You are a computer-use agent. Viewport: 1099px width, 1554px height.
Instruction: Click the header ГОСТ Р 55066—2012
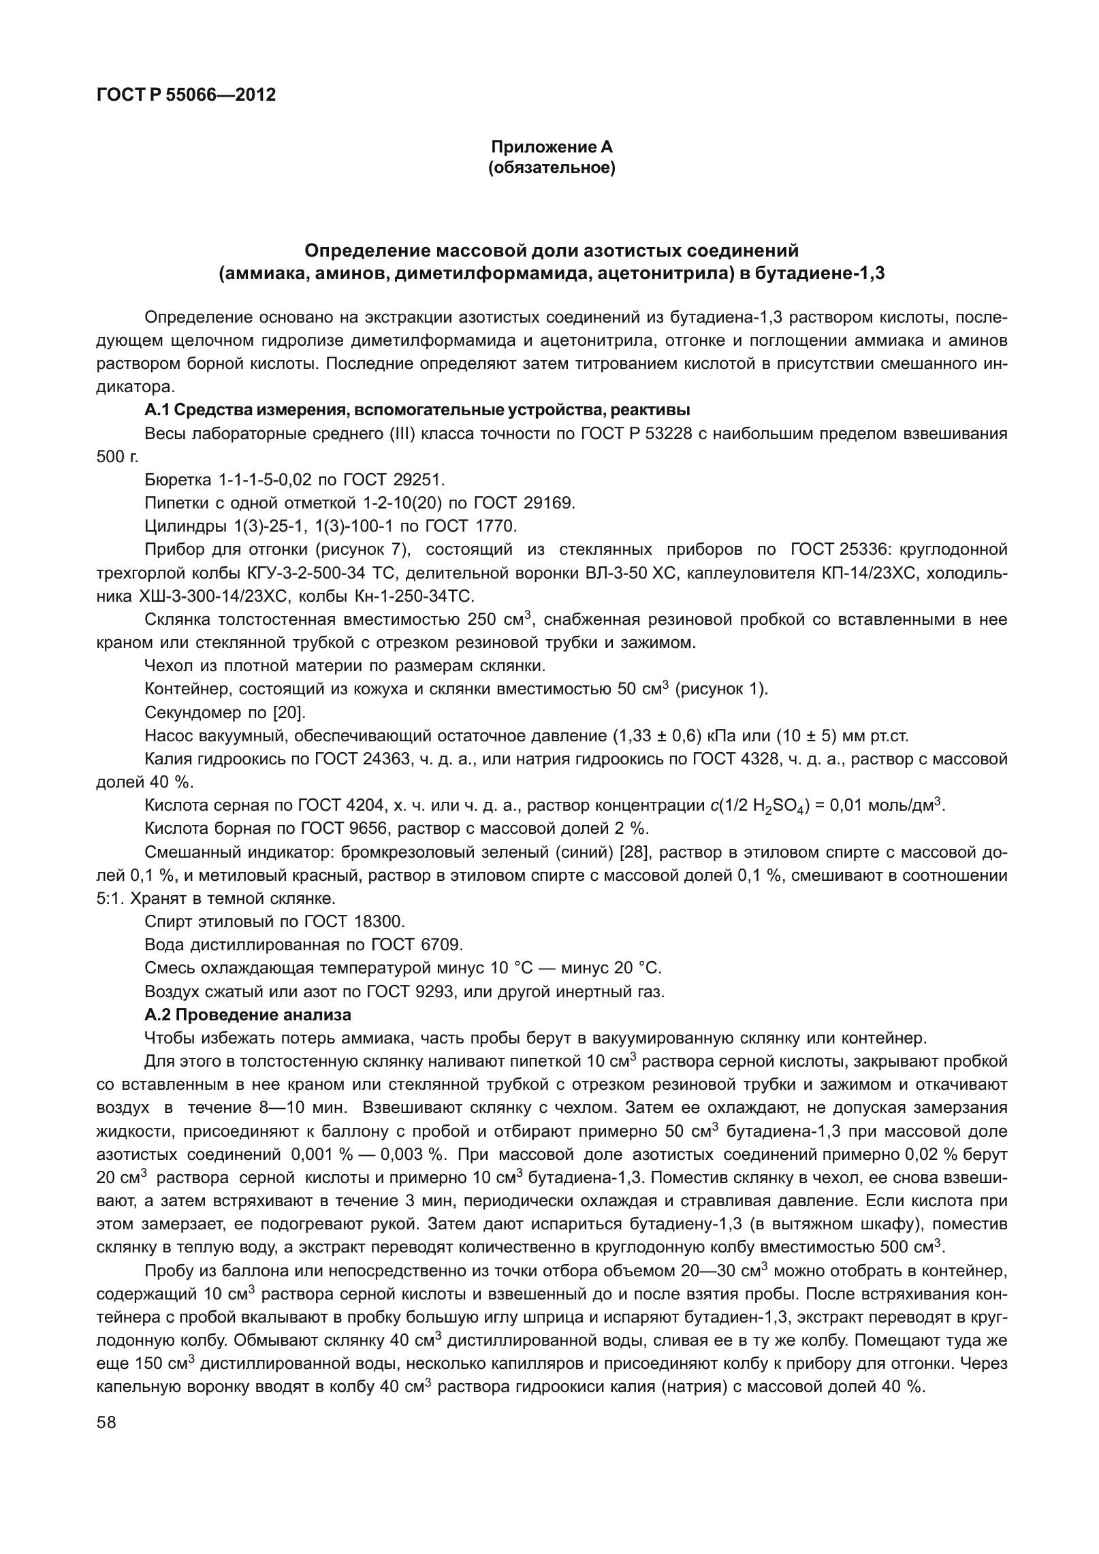tap(186, 95)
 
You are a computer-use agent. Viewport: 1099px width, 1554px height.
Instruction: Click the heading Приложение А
tap(552, 147)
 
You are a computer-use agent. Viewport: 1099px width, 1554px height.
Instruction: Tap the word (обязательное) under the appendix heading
tap(552, 167)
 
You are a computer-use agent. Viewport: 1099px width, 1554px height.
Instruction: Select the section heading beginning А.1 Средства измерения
tap(417, 410)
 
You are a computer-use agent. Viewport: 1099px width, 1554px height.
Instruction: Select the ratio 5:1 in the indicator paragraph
tap(110, 898)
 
